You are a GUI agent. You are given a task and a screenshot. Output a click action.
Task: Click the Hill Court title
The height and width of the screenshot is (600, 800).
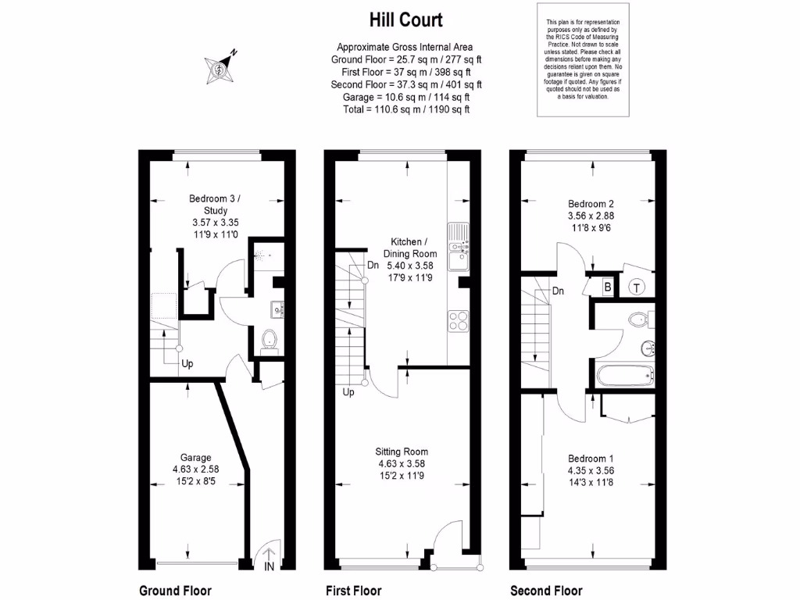click(405, 19)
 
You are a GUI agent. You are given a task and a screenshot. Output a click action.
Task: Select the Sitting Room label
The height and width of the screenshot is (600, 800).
click(402, 452)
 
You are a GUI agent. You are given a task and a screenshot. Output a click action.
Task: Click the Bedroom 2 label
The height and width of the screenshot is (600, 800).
click(589, 202)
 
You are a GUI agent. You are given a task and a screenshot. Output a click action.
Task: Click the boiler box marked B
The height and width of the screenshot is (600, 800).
click(607, 287)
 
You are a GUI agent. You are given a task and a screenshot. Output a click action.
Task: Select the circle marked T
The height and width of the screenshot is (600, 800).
click(637, 287)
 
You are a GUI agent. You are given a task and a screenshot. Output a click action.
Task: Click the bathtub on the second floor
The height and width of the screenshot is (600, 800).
click(623, 377)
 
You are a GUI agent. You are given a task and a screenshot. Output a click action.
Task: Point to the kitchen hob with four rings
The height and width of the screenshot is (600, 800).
click(458, 321)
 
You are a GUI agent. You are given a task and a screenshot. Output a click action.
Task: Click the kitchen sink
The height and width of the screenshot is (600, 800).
click(456, 234)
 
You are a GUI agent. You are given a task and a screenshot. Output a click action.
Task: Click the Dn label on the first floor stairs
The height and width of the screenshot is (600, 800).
click(373, 264)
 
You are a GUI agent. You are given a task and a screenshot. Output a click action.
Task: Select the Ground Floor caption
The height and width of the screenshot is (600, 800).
click(175, 591)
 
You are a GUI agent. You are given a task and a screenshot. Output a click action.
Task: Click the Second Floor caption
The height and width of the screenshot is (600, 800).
click(546, 591)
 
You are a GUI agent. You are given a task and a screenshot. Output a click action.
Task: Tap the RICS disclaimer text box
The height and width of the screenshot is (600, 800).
click(583, 60)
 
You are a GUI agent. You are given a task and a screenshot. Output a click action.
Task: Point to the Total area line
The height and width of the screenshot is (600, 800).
click(405, 109)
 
